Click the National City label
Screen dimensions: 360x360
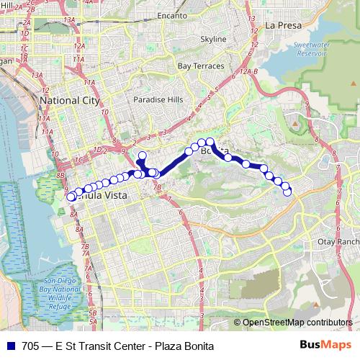[70, 101]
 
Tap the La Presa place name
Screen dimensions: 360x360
[282, 24]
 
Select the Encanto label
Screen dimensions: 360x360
[171, 14]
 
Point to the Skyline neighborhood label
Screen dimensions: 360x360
[212, 39]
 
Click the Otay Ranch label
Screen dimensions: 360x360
[338, 242]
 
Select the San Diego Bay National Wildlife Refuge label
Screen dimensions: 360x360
[56, 292]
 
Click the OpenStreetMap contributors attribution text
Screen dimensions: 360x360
[297, 323]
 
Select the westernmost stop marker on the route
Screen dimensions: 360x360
[71, 197]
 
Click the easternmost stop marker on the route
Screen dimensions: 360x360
[287, 192]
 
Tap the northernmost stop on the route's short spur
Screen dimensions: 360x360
[142, 156]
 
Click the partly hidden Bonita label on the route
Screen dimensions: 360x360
[214, 151]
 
